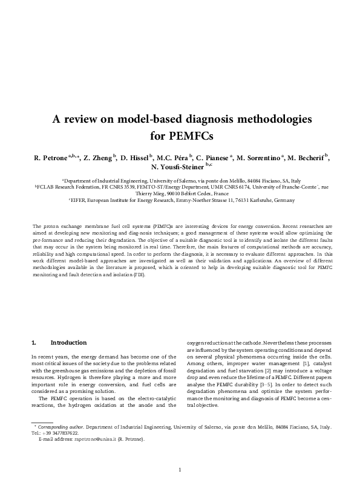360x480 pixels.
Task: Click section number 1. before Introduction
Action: pos(34,343)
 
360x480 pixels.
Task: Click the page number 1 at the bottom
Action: pos(180,470)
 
